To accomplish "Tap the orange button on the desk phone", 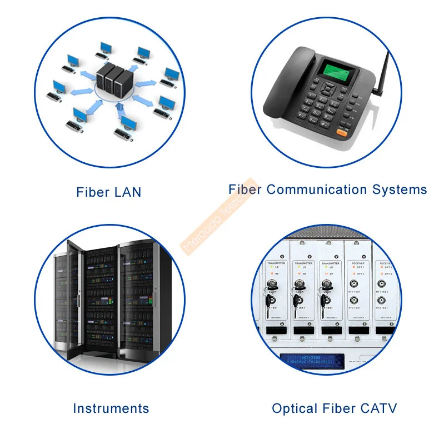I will point(343,133).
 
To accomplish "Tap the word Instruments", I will point(111,408).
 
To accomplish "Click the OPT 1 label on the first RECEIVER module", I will point(360,268).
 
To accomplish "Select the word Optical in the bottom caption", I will point(292,408).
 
